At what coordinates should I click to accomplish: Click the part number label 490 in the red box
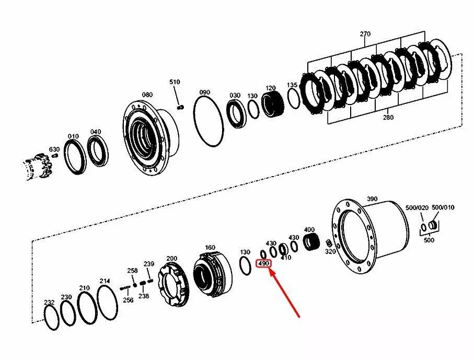pos(263,264)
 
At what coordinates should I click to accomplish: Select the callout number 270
pos(365,34)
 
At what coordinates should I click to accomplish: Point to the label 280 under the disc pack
pos(388,117)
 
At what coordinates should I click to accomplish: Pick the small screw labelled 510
pos(181,107)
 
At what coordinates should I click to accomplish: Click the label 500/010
pos(443,207)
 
